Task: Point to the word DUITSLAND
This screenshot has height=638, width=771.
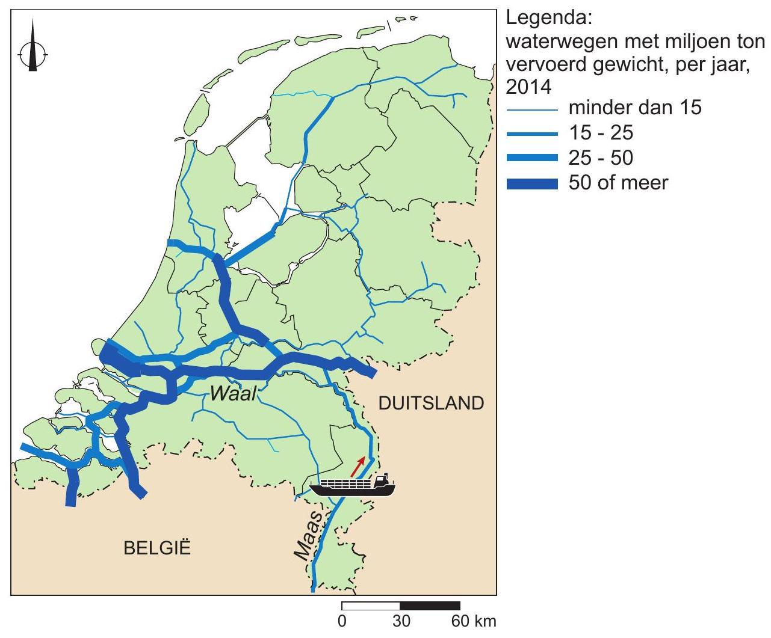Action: pos(431,403)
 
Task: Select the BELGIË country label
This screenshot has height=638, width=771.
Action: pos(157,548)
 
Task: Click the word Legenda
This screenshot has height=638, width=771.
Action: pos(541,19)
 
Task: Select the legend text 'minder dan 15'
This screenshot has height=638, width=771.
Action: pos(635,109)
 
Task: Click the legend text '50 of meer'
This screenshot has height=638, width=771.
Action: pos(618,182)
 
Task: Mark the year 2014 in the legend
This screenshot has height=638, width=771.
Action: pos(528,88)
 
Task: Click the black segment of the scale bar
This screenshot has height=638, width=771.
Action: pos(430,606)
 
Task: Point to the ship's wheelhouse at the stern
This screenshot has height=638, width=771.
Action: pos(381,480)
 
